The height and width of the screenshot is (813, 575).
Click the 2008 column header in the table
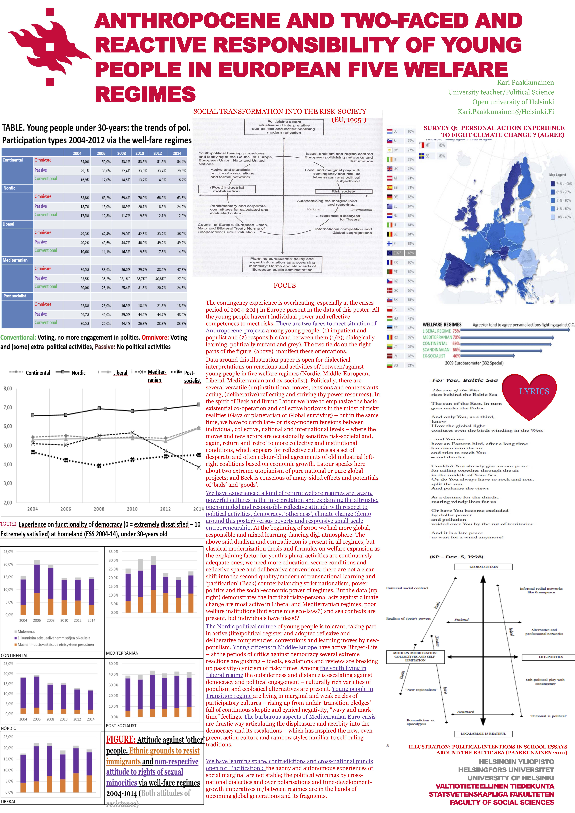pos(121,153)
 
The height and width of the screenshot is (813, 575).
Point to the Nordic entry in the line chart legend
pos(71,373)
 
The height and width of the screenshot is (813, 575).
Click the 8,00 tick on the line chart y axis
pos(8,388)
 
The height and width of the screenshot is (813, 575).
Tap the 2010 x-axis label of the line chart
pos(132,509)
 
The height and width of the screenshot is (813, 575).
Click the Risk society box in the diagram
pos(343,191)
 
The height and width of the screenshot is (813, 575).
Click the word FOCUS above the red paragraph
pos(284,285)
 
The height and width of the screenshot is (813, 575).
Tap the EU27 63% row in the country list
pos(400,253)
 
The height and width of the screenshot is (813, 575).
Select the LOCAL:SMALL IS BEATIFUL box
pos(483,734)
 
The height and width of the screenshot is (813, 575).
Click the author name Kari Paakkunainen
pos(525,82)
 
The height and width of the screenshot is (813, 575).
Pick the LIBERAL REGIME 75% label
pos(441,331)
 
